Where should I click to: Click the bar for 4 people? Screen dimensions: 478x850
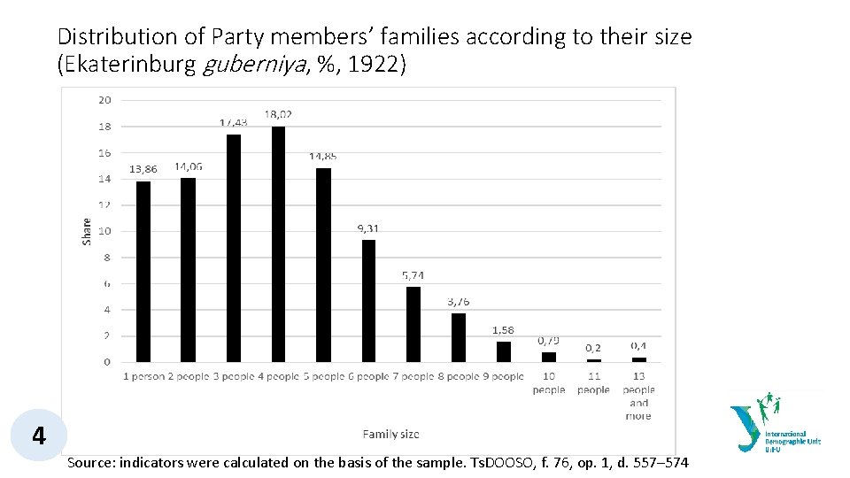(279, 244)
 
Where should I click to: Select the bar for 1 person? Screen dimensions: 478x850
(143, 272)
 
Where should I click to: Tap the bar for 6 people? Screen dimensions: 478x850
(368, 301)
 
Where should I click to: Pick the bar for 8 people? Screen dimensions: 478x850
(459, 337)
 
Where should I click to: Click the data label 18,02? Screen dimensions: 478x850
(279, 114)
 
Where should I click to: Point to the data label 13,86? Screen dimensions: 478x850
(143, 169)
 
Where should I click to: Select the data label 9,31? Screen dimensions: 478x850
(368, 228)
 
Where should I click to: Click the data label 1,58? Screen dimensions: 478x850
(503, 330)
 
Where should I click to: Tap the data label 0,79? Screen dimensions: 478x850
(549, 340)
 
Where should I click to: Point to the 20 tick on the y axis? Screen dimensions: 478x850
(104, 100)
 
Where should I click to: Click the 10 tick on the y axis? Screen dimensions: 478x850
(104, 231)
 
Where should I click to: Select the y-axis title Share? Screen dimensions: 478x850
(87, 231)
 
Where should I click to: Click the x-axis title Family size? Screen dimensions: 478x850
(390, 434)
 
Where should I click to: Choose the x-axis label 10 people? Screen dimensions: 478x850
(549, 383)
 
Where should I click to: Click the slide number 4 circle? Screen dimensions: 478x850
(38, 436)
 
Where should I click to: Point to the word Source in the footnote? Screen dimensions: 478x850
(91, 462)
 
